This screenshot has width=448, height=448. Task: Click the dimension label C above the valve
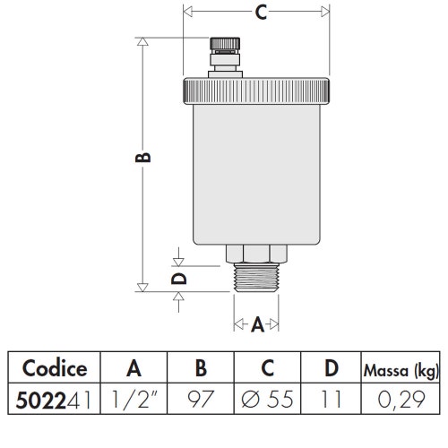point(260,13)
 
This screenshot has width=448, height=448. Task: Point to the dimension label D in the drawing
point(179,278)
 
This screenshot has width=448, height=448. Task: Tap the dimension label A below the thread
point(257,325)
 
